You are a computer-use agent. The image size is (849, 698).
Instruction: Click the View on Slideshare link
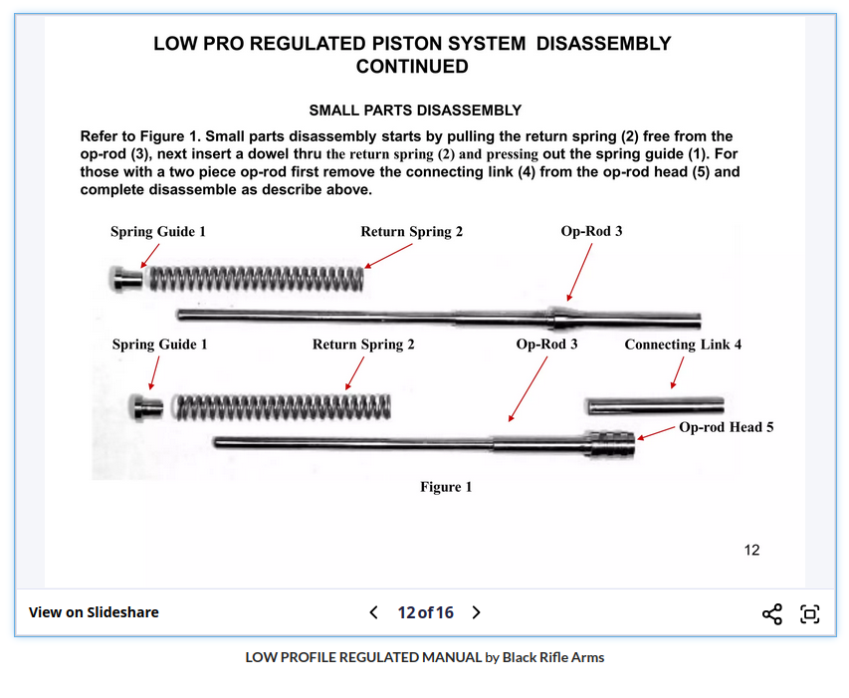94,612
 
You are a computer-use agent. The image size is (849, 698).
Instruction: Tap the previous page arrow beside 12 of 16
373,612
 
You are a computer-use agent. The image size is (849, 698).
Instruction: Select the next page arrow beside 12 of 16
476,612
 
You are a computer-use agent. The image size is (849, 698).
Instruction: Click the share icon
771,613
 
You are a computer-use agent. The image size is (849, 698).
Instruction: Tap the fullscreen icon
810,613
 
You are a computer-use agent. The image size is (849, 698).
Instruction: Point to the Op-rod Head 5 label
726,427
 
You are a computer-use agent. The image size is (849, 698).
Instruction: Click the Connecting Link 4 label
683,345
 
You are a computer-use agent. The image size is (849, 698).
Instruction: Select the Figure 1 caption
446,487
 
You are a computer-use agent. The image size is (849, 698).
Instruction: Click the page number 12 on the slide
751,550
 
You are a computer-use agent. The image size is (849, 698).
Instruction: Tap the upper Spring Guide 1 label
158,232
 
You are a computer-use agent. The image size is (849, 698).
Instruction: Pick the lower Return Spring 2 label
363,345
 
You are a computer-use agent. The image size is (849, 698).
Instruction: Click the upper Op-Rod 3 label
591,231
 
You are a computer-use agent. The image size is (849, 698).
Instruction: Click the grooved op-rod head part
608,444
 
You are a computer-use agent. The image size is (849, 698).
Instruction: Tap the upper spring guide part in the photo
126,278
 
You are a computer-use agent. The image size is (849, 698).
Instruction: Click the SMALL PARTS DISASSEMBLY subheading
415,111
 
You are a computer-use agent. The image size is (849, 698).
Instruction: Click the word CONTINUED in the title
412,67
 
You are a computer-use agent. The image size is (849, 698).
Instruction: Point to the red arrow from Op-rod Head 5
655,432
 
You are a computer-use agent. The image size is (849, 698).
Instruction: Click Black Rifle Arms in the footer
552,657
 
